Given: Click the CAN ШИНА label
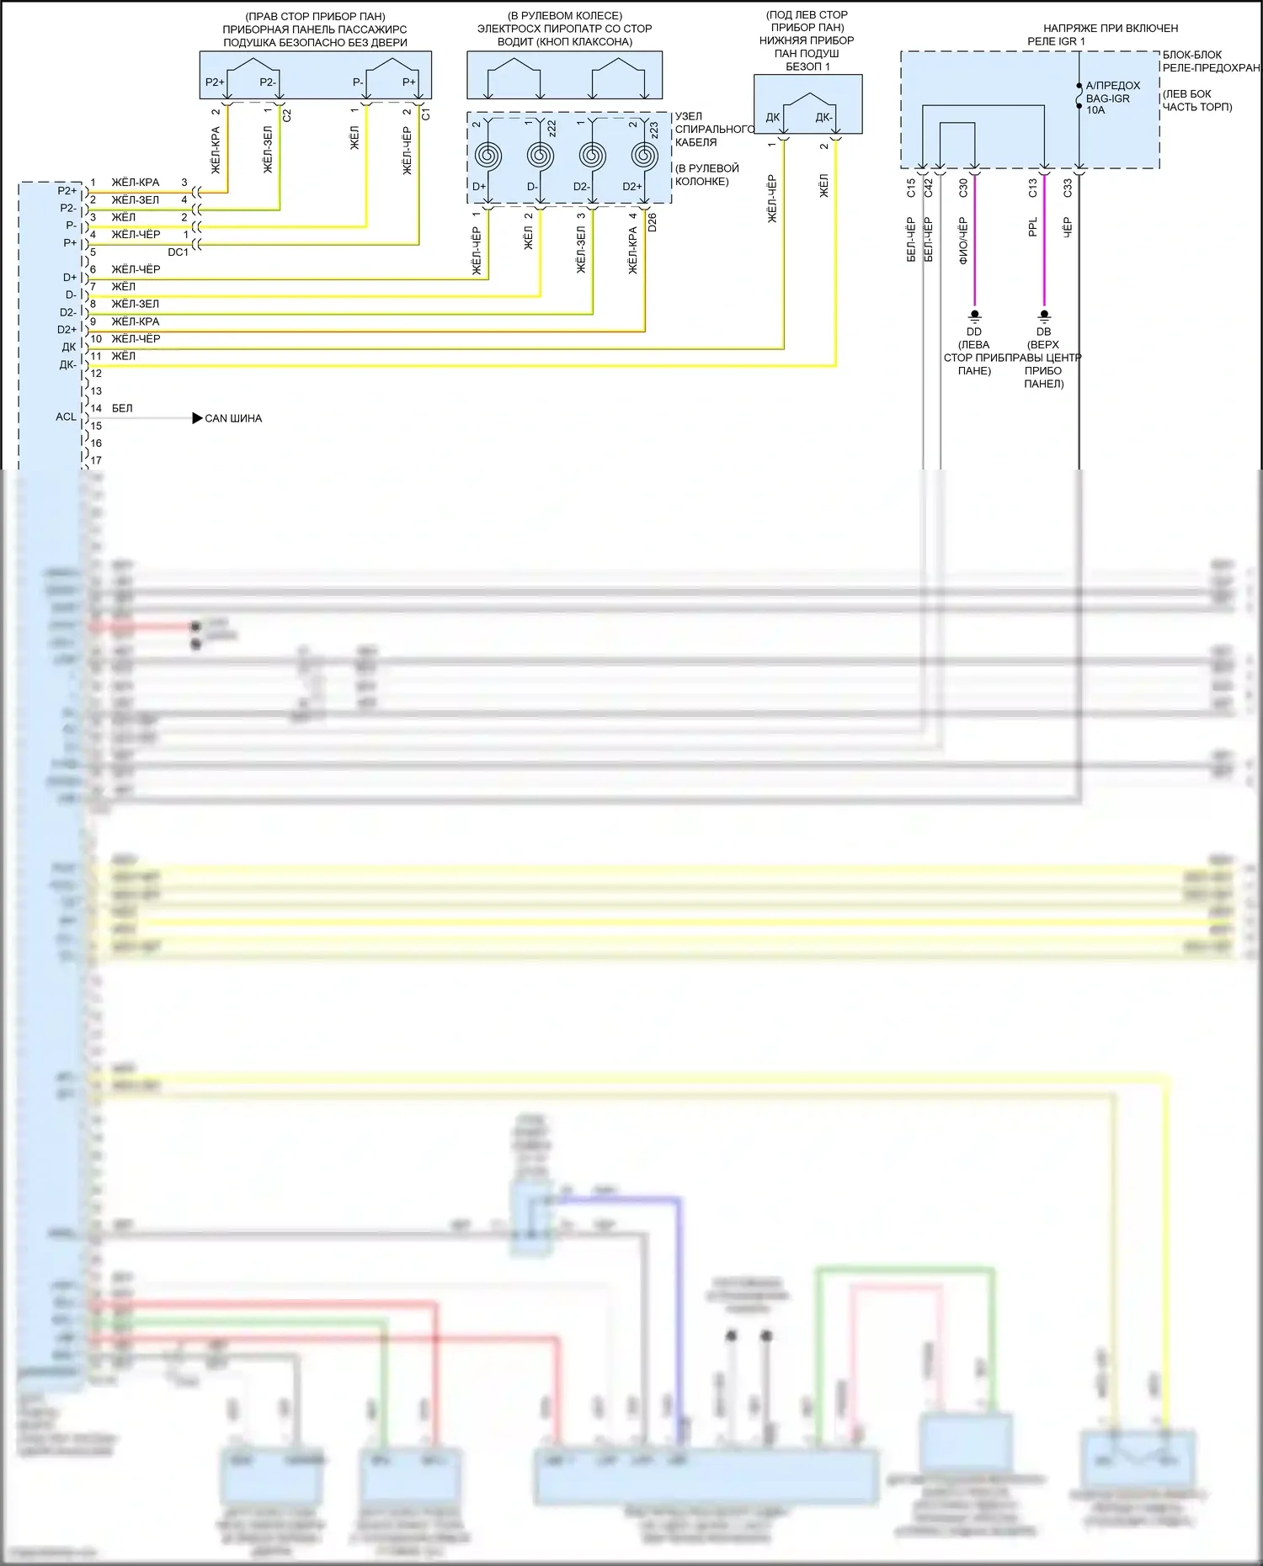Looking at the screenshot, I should pyautogui.click(x=233, y=418).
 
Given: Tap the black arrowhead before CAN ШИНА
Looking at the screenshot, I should pyautogui.click(x=197, y=418).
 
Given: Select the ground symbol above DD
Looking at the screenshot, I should pyautogui.click(x=974, y=316).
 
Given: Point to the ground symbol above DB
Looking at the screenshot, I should pyautogui.click(x=1044, y=316).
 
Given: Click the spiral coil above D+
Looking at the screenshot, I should pyautogui.click(x=488, y=156).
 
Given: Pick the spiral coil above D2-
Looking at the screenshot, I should pyautogui.click(x=593, y=156).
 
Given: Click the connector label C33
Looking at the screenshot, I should pyautogui.click(x=1068, y=188).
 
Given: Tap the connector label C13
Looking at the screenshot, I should pyautogui.click(x=1033, y=188).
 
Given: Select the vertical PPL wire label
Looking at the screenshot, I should pyautogui.click(x=1033, y=227).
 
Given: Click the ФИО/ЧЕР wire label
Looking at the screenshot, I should pyautogui.click(x=963, y=241).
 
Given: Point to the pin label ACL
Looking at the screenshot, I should pyautogui.click(x=66, y=417).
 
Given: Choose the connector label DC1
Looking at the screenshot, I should pyautogui.click(x=178, y=252).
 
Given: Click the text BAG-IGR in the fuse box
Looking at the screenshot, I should pyautogui.click(x=1107, y=98).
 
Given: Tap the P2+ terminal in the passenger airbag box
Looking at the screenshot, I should pyautogui.click(x=215, y=82).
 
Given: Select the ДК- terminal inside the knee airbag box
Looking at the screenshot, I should pyautogui.click(x=823, y=118).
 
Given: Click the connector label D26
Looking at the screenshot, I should pyautogui.click(x=653, y=222).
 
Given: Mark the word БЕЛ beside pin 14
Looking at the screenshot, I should pyautogui.click(x=122, y=408).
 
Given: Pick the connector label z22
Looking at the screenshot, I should pyautogui.click(x=552, y=128).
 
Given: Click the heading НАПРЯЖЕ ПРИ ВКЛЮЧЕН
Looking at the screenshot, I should pyautogui.click(x=1111, y=29).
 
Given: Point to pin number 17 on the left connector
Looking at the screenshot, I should pyautogui.click(x=96, y=460).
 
